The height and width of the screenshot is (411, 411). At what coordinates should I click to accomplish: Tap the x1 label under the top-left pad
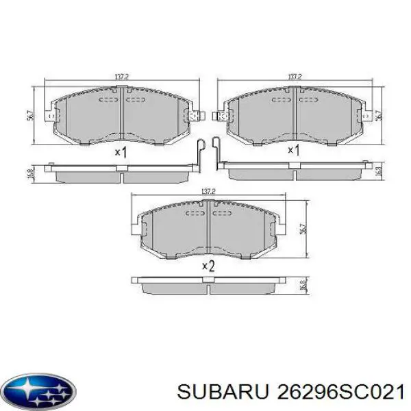coord(121,151)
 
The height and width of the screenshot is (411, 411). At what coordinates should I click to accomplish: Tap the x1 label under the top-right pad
coord(293,150)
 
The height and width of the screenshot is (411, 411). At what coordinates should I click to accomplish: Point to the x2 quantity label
coord(208,266)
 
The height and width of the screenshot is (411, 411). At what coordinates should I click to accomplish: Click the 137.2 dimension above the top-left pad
coord(123,77)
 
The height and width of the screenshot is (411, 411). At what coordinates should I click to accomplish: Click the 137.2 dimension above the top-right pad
coord(295,77)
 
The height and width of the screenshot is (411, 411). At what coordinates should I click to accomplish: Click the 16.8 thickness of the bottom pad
coord(301,285)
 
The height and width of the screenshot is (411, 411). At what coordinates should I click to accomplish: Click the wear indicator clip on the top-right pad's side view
coord(216,152)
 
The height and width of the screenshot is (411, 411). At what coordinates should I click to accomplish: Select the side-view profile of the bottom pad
coord(209,284)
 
